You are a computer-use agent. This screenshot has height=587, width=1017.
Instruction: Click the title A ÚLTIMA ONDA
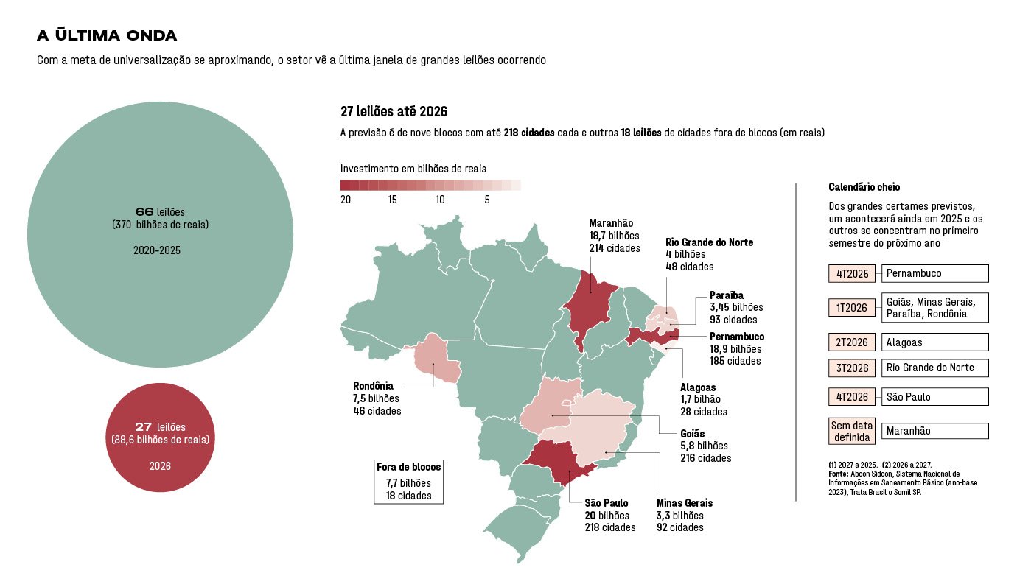point(107,36)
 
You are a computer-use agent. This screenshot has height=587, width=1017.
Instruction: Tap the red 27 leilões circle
point(160,437)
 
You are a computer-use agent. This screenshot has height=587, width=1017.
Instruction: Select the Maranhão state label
point(611,223)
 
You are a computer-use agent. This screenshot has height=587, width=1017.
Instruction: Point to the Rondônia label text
point(373,386)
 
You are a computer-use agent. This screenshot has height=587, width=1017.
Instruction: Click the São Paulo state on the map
point(564,462)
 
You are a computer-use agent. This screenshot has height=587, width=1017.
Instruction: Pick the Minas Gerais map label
point(684,503)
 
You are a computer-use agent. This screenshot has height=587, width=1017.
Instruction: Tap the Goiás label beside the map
point(692,434)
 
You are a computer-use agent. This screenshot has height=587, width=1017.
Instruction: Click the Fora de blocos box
point(408,482)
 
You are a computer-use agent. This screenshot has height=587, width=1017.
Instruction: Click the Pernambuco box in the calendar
point(934,274)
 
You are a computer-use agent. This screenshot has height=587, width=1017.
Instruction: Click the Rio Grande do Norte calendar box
point(934,368)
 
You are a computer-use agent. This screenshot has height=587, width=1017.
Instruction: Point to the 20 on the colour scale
point(346,200)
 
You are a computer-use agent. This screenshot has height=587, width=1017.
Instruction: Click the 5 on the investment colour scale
point(487,200)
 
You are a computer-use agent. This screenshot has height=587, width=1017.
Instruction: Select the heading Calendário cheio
point(864,188)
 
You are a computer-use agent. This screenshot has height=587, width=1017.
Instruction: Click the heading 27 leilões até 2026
point(394,112)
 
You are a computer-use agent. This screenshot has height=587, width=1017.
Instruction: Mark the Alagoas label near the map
point(697,387)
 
